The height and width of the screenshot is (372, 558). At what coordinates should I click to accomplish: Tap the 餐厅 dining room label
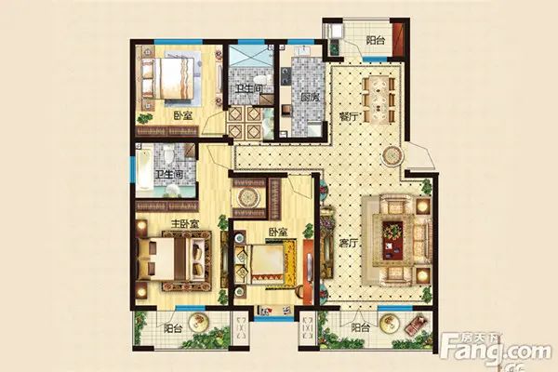[349, 116]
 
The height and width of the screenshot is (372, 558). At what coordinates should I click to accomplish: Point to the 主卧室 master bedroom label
[185, 224]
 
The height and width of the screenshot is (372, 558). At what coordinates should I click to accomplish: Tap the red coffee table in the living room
[392, 240]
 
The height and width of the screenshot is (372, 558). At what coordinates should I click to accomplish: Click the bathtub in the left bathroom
[145, 169]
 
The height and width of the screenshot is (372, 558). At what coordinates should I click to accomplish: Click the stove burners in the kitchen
[286, 76]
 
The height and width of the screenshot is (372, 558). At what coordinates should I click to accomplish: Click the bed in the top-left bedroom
[166, 78]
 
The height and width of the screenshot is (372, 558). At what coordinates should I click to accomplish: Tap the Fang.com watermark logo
[495, 351]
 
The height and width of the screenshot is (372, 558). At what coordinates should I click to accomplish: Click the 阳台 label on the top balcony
[376, 40]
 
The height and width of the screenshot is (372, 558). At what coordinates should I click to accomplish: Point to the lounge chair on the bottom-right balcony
[416, 325]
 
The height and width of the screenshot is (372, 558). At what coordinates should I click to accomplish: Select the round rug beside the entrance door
[392, 155]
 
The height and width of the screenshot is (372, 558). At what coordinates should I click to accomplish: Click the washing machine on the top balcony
[336, 31]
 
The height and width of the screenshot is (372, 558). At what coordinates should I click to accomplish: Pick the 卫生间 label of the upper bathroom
[249, 88]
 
